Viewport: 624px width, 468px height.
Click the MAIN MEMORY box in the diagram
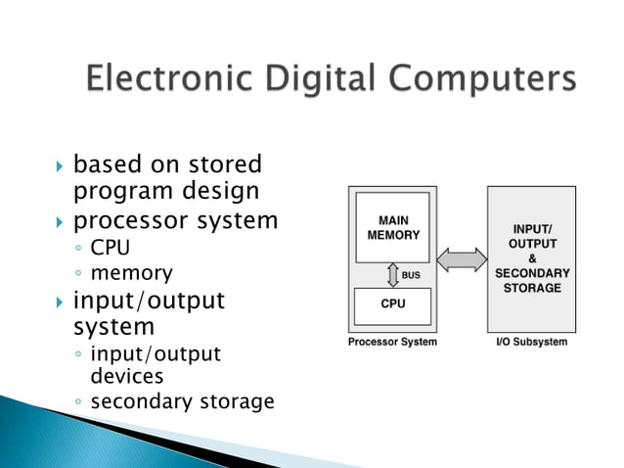tap(392, 227)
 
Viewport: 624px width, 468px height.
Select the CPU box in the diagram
tap(392, 304)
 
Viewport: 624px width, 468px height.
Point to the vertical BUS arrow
tap(392, 275)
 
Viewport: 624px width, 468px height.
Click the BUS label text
tap(411, 275)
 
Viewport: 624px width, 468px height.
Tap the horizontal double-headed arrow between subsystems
tap(461, 260)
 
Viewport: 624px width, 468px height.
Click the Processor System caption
tap(392, 342)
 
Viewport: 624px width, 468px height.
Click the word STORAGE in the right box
tap(533, 288)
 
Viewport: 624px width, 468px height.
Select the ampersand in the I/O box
tap(533, 257)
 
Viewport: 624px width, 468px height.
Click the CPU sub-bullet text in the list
tap(110, 248)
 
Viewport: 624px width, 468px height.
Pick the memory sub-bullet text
tap(131, 273)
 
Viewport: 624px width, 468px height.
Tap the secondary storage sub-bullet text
tap(182, 401)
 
